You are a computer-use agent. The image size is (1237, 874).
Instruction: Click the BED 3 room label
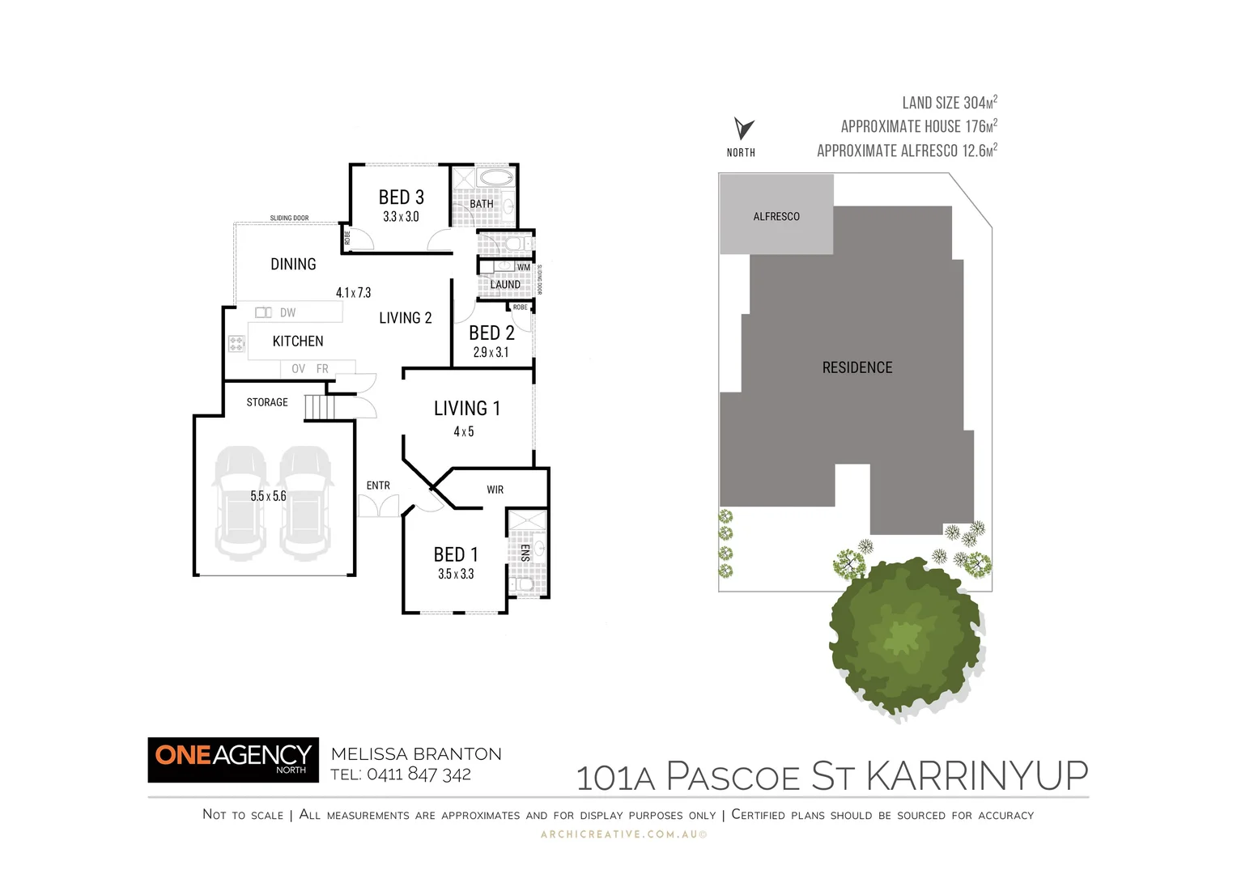pos(401,197)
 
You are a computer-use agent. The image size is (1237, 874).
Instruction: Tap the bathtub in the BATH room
pos(494,178)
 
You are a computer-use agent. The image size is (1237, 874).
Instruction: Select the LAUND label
pos(505,285)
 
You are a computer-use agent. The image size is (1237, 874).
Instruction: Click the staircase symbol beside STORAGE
pos(319,407)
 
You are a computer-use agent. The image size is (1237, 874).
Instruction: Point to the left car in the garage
pos(240,503)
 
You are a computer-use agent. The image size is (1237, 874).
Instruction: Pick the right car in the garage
pos(306,503)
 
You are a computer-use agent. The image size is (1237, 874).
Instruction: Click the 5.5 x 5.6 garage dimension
pos(268,496)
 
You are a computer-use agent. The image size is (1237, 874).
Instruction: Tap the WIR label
pos(495,490)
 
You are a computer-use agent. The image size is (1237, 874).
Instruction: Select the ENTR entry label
pos(378,486)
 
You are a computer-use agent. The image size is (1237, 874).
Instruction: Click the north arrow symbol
pos(743,128)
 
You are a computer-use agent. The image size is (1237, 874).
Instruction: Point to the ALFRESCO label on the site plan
pos(776,216)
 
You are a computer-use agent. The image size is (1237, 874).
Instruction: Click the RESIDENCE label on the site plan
pos(857,367)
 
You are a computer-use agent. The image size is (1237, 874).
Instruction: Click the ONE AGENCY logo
pos(233,759)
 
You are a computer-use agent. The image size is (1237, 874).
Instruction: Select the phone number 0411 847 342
pos(419,774)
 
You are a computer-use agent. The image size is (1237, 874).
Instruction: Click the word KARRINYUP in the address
pos(977,776)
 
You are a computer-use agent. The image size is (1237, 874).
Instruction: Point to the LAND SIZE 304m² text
pos(949,103)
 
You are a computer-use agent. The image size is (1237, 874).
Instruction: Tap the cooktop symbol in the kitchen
pos(236,344)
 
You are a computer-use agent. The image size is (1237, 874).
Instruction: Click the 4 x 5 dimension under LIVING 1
pos(464,431)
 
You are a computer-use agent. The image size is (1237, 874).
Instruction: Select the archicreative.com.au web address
pos(623,834)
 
